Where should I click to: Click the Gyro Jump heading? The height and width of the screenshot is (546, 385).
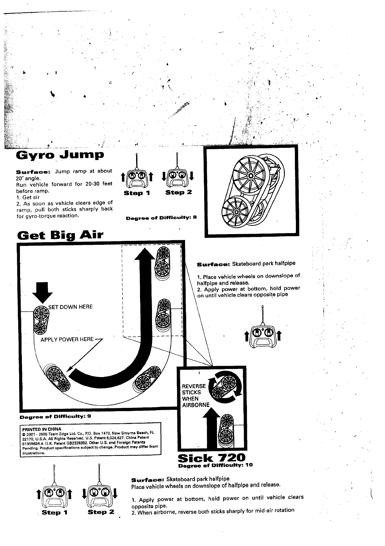pyautogui.click(x=60, y=155)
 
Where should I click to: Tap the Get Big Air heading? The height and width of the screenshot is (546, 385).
pyautogui.click(x=60, y=234)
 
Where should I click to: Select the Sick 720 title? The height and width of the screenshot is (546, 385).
pyautogui.click(x=212, y=457)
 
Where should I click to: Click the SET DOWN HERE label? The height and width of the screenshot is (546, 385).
pyautogui.click(x=70, y=307)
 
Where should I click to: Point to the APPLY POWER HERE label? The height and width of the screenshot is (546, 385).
pyautogui.click(x=67, y=339)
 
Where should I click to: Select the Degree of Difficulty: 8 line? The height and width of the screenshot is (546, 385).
pyautogui.click(x=161, y=218)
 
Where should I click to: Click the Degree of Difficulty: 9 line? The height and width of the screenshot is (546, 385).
pyautogui.click(x=55, y=417)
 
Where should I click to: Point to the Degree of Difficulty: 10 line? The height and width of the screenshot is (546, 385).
pyautogui.click(x=215, y=465)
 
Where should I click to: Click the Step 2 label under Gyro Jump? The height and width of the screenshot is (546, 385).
pyautogui.click(x=179, y=192)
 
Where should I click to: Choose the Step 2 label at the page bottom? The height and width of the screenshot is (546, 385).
pyautogui.click(x=101, y=512)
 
